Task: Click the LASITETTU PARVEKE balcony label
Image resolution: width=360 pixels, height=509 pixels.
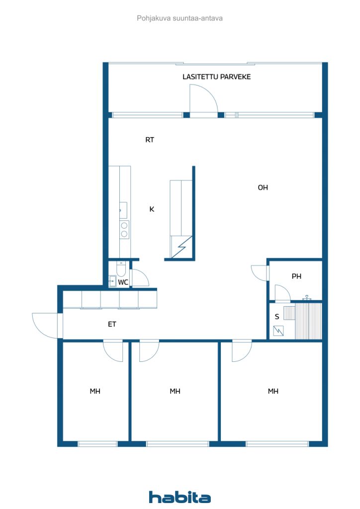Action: pyautogui.click(x=216, y=77)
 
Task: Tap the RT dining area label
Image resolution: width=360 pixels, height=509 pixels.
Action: pyautogui.click(x=150, y=140)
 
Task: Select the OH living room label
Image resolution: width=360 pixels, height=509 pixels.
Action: pyautogui.click(x=263, y=187)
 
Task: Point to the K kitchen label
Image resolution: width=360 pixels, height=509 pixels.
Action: pyautogui.click(x=152, y=209)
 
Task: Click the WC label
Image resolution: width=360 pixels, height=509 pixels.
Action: pyautogui.click(x=123, y=282)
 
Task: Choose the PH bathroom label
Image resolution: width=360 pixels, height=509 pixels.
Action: pyautogui.click(x=296, y=276)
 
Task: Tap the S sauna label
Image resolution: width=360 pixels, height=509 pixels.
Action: pyautogui.click(x=277, y=317)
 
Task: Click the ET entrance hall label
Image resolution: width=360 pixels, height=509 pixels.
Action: pyautogui.click(x=112, y=324)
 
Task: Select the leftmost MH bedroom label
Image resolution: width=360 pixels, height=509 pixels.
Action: pyautogui.click(x=95, y=392)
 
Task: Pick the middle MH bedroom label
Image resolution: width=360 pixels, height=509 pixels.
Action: pyautogui.click(x=175, y=392)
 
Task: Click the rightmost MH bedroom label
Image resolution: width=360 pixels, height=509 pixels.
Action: pyautogui.click(x=273, y=392)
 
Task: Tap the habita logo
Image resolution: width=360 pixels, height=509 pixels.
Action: pyautogui.click(x=180, y=497)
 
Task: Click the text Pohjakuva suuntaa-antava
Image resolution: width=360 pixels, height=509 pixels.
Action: pyautogui.click(x=180, y=18)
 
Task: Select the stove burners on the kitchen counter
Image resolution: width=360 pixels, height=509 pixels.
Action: pyautogui.click(x=124, y=229)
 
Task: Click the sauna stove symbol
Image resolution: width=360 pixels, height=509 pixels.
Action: pyautogui.click(x=278, y=331)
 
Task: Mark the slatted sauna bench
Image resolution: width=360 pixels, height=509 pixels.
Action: pyautogui.click(x=308, y=322)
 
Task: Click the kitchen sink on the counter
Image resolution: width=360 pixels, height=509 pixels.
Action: pyautogui.click(x=123, y=210)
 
